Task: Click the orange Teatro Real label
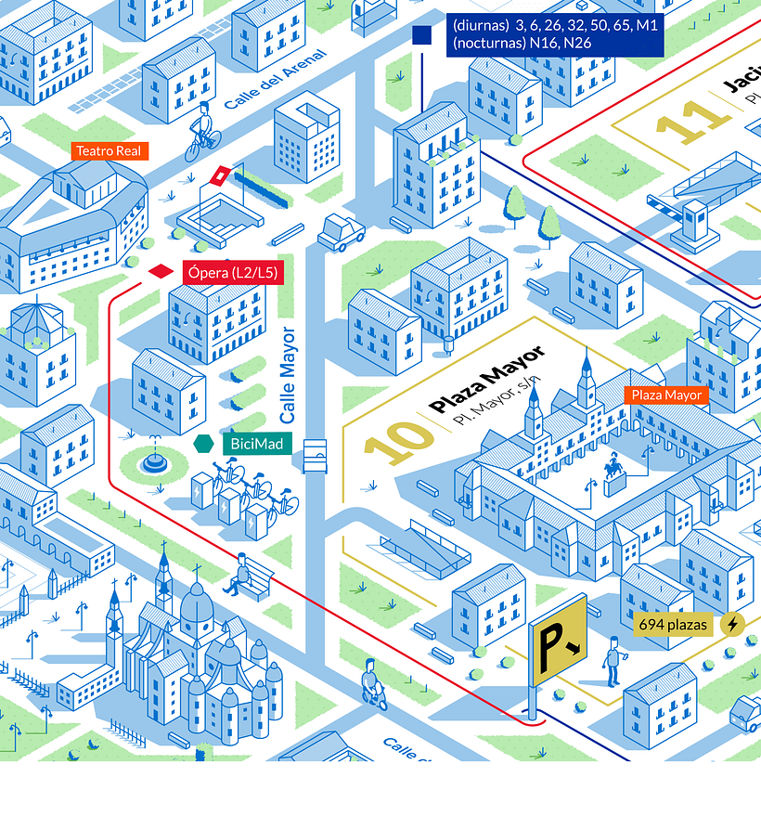(x=110, y=150)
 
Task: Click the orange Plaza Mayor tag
(x=666, y=395)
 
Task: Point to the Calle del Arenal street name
(x=275, y=80)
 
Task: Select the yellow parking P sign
(x=559, y=641)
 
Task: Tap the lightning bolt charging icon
(x=733, y=625)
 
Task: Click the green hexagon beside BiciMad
(x=202, y=445)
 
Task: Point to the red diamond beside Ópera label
(x=161, y=271)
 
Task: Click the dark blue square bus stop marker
(x=422, y=35)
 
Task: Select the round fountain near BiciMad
(x=156, y=460)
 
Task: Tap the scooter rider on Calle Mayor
(x=373, y=685)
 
